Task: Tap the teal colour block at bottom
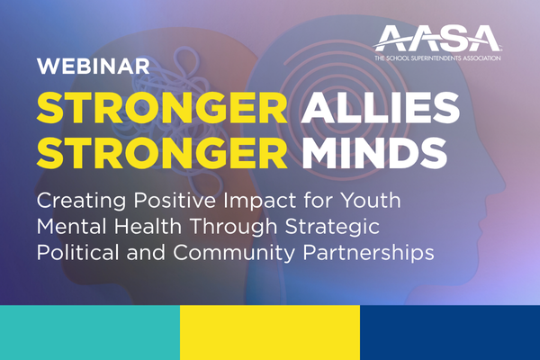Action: (x=90, y=333)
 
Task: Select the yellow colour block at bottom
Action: (x=270, y=333)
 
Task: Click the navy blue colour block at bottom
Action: (x=450, y=333)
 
